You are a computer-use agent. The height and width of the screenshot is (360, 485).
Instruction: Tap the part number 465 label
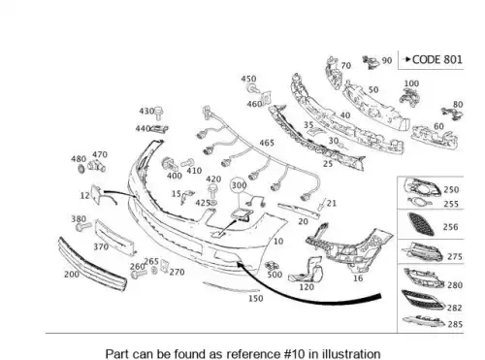[x=267, y=143]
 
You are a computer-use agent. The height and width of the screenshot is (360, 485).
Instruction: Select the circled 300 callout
[x=239, y=185]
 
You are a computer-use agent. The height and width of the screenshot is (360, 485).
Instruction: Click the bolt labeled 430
[x=158, y=113]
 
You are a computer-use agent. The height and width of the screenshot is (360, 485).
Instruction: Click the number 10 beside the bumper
[x=278, y=242]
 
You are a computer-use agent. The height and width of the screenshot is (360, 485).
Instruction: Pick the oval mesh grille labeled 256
[x=421, y=224]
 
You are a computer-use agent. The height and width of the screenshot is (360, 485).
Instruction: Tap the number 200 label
[x=72, y=275]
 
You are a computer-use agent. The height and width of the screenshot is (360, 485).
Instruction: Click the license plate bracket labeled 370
[x=115, y=237]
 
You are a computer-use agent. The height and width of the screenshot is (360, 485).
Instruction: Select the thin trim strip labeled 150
[x=231, y=286]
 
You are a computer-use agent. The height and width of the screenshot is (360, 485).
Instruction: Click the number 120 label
[x=307, y=287]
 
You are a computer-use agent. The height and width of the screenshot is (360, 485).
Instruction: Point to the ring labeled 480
[x=81, y=168]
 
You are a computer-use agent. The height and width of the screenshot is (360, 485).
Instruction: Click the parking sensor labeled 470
[x=97, y=166]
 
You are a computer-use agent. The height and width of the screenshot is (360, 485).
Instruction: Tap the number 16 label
[x=358, y=278]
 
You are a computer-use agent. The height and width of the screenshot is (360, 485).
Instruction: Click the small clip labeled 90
[x=371, y=62]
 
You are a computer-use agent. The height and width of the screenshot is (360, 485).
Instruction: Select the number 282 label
[x=454, y=308]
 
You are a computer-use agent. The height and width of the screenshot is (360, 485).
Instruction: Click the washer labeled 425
[x=213, y=203]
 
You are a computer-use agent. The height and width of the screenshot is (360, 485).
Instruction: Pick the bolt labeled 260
[x=139, y=275]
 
